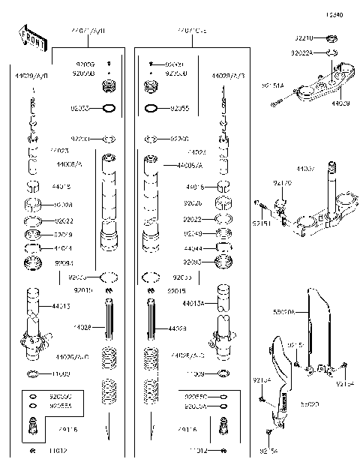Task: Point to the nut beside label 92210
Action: (x=332, y=37)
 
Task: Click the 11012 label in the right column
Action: (x=198, y=451)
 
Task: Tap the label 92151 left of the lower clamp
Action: (x=260, y=223)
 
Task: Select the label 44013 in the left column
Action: (x=61, y=306)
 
